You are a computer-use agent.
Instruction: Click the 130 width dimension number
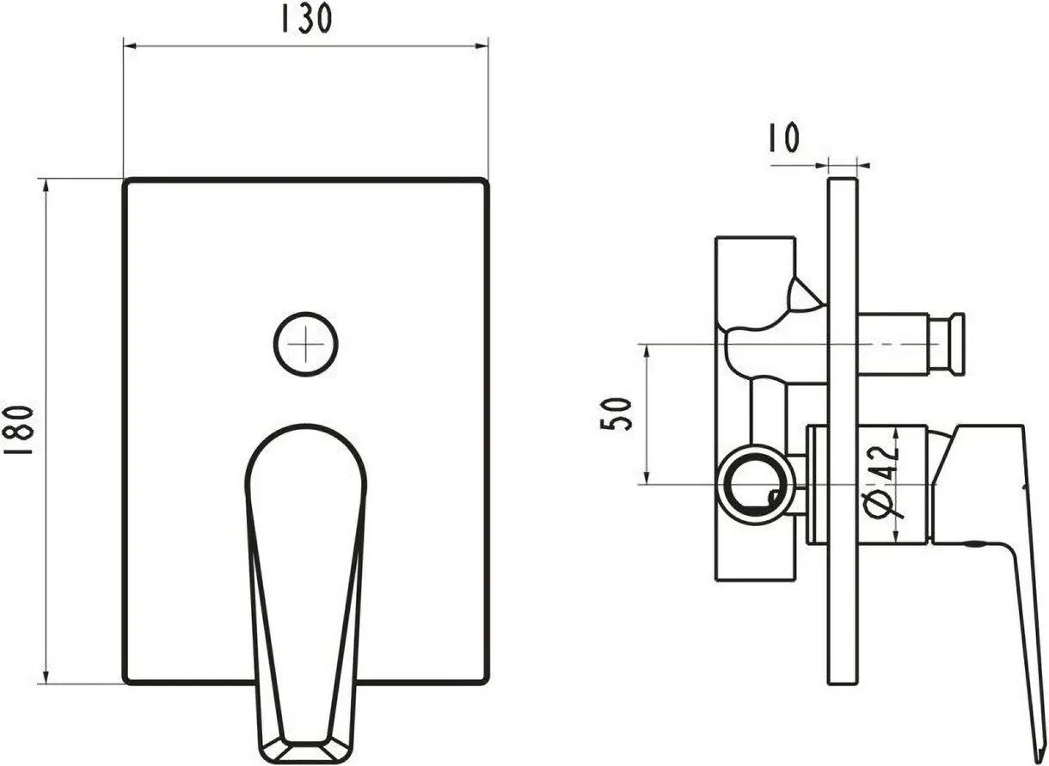[x=306, y=19]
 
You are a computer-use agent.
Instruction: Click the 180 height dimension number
[x=19, y=431]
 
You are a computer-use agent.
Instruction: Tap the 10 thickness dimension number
[x=784, y=138]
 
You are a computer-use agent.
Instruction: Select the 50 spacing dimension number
[x=616, y=414]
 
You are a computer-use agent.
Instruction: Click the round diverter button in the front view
[x=306, y=344]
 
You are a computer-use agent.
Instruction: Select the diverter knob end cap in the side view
[x=946, y=344]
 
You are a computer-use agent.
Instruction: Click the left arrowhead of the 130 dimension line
[x=129, y=46]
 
